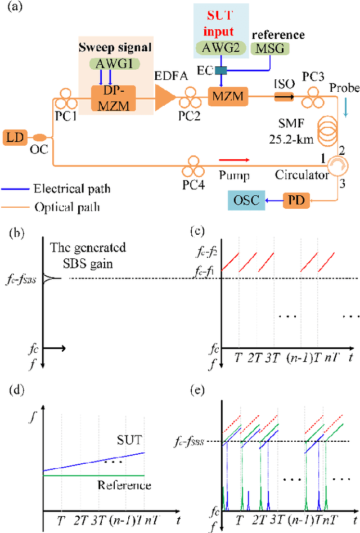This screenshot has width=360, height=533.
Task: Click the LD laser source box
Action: pos(12,137)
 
